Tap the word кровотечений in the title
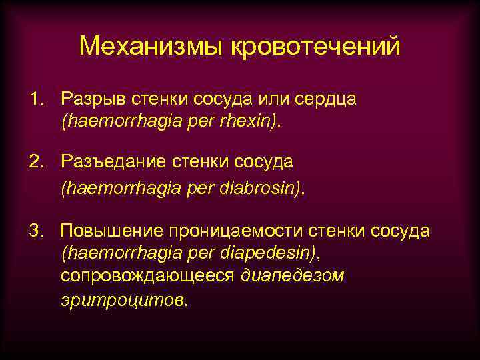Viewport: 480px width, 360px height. (x=316, y=47)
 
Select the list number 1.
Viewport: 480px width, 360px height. (x=34, y=99)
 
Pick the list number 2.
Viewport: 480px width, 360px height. (x=34, y=161)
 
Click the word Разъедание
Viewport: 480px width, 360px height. (x=113, y=161)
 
